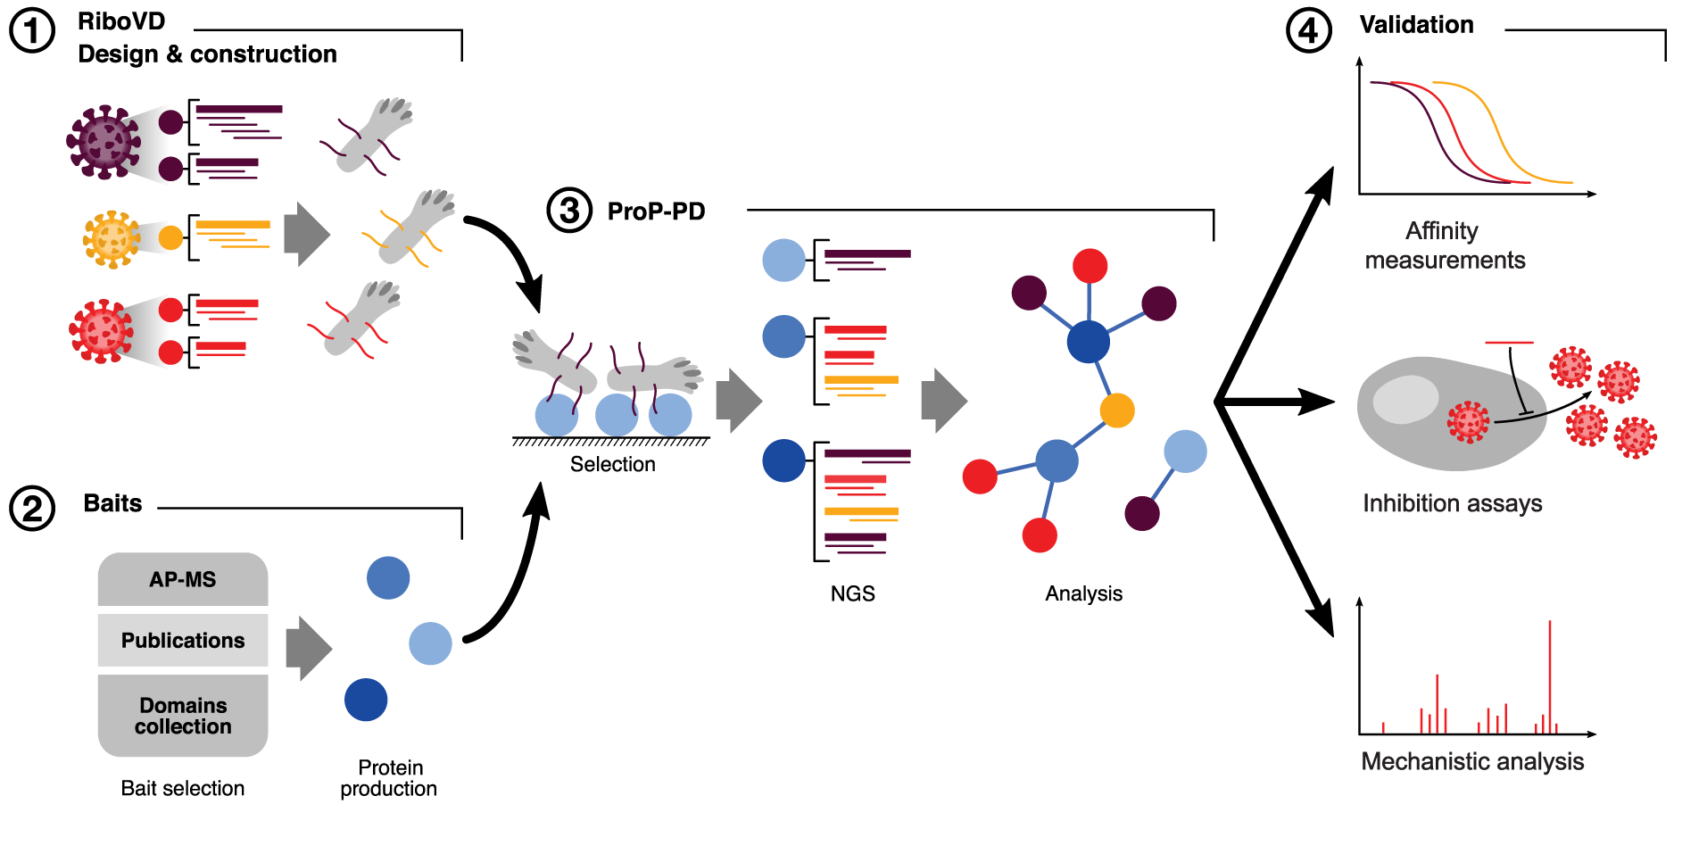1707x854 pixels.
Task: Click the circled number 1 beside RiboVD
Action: (x=32, y=31)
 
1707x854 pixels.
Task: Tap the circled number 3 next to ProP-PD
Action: (x=569, y=211)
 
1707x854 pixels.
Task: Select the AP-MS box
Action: (x=182, y=579)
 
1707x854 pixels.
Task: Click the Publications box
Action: (x=182, y=640)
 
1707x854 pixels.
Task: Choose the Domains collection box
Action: (x=182, y=716)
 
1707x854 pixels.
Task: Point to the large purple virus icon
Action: (x=104, y=143)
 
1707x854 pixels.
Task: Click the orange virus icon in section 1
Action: (x=112, y=238)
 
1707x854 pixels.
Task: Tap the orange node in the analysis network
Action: (x=1116, y=410)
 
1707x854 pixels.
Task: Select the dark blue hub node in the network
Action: (x=1088, y=341)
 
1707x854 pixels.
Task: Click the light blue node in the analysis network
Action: (x=1185, y=452)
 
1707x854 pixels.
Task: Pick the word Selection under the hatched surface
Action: (x=612, y=464)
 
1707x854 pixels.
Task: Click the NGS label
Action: (x=852, y=593)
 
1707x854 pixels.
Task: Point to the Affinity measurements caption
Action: (x=1444, y=245)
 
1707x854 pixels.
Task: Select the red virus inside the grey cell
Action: (x=1468, y=422)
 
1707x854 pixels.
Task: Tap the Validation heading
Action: (x=1416, y=25)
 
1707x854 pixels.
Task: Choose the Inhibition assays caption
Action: (x=1452, y=503)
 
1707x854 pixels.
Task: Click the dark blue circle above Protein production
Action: (x=366, y=700)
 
